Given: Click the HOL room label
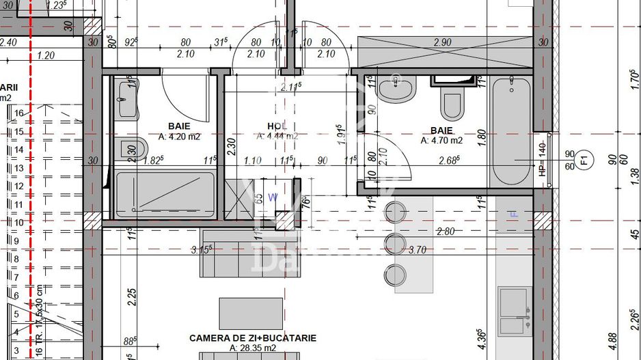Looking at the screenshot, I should pyautogui.click(x=277, y=126).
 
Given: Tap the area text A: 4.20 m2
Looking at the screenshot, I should pyautogui.click(x=180, y=136).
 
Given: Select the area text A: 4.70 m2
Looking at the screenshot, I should pyautogui.click(x=442, y=141).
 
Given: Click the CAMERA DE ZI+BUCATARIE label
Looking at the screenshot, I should pyautogui.click(x=252, y=338).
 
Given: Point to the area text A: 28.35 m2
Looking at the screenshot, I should pyautogui.click(x=252, y=348).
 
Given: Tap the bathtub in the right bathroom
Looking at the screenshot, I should pyautogui.click(x=511, y=130).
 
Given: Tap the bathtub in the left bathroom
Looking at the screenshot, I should pyautogui.click(x=165, y=195).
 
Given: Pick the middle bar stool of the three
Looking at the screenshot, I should pyautogui.click(x=394, y=244).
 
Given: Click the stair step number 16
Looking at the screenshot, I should pyautogui.click(x=18, y=113).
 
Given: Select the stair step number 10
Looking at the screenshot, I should pyautogui.click(x=18, y=222).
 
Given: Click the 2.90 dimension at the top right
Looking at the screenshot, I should pyautogui.click(x=443, y=42).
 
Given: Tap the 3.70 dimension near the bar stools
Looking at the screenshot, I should pyautogui.click(x=417, y=250).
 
